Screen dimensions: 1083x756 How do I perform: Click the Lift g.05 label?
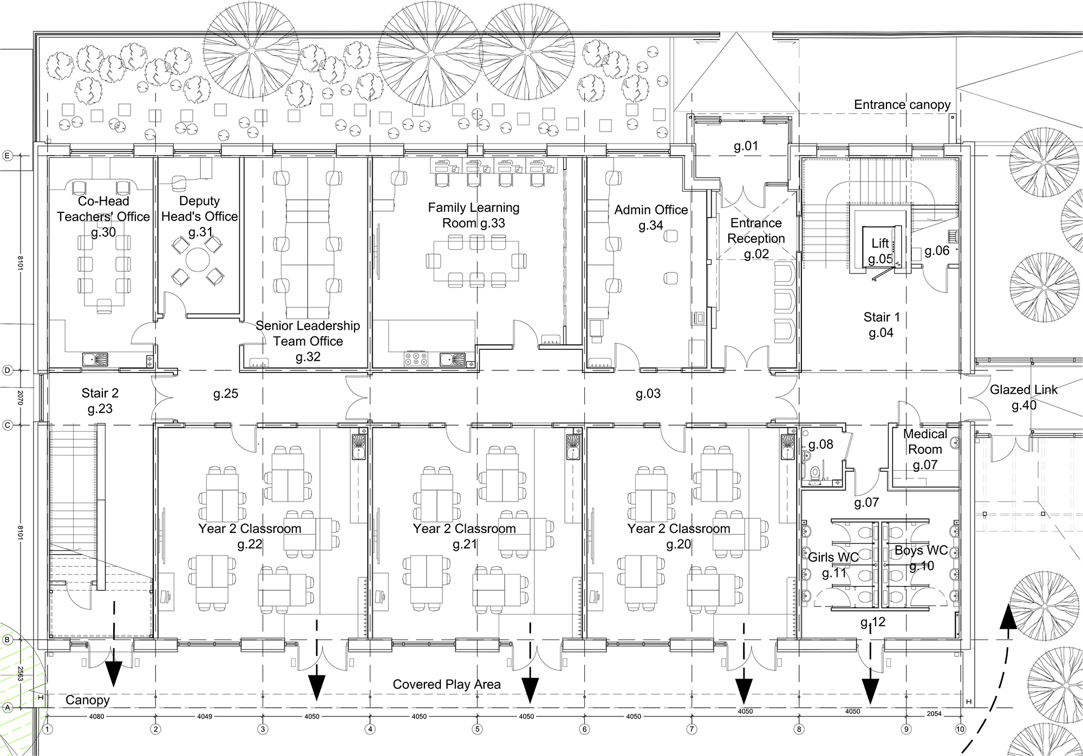(x=880, y=251)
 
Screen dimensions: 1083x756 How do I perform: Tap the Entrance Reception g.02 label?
(x=756, y=238)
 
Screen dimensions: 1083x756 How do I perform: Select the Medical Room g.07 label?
(x=925, y=449)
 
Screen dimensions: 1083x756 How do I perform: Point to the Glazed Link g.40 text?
(x=1023, y=397)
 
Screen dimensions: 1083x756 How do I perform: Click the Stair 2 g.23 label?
(x=100, y=401)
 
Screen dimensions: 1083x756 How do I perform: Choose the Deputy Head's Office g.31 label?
(x=199, y=216)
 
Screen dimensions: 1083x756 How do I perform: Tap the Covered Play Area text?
(x=447, y=685)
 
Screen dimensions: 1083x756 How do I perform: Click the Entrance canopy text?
(x=902, y=105)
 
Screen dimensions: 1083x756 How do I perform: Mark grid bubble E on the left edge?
(x=8, y=156)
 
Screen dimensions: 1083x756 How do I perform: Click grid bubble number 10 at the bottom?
(x=961, y=729)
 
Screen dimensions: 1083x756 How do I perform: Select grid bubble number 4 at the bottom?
(x=370, y=729)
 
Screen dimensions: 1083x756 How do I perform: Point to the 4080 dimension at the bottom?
(x=97, y=716)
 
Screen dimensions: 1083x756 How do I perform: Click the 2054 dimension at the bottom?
(x=934, y=714)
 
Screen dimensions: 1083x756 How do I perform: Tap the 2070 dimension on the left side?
(x=20, y=398)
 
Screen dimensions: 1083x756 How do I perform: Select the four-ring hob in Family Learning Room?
(x=415, y=359)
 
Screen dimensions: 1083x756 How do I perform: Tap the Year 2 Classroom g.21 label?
(x=465, y=536)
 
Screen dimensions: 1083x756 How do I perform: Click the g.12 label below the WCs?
(x=873, y=623)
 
